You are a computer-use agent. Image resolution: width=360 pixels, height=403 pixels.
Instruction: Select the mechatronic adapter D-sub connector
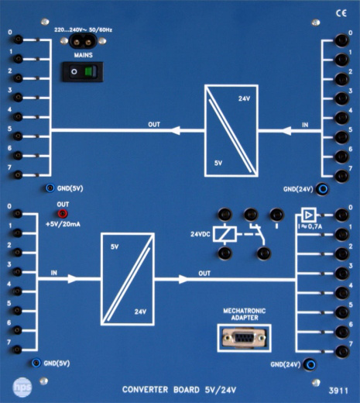click(x=242, y=339)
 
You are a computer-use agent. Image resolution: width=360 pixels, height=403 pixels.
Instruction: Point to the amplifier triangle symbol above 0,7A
click(x=308, y=214)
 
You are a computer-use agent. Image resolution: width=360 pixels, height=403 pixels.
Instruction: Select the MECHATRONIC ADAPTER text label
click(x=243, y=314)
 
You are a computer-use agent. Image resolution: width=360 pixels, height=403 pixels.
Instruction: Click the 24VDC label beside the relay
click(x=201, y=233)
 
